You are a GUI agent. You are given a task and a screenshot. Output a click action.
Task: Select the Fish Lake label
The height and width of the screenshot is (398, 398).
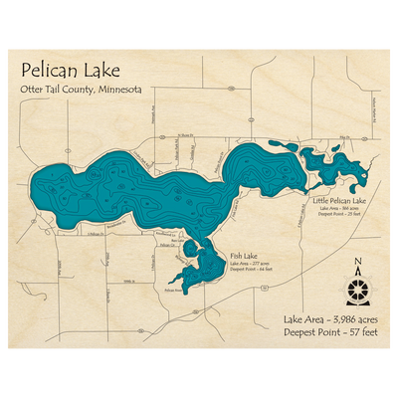click(244, 255)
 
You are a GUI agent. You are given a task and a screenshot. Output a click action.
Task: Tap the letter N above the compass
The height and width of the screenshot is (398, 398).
click(357, 263)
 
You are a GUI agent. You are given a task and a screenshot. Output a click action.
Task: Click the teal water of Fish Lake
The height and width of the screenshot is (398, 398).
click(208, 264)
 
